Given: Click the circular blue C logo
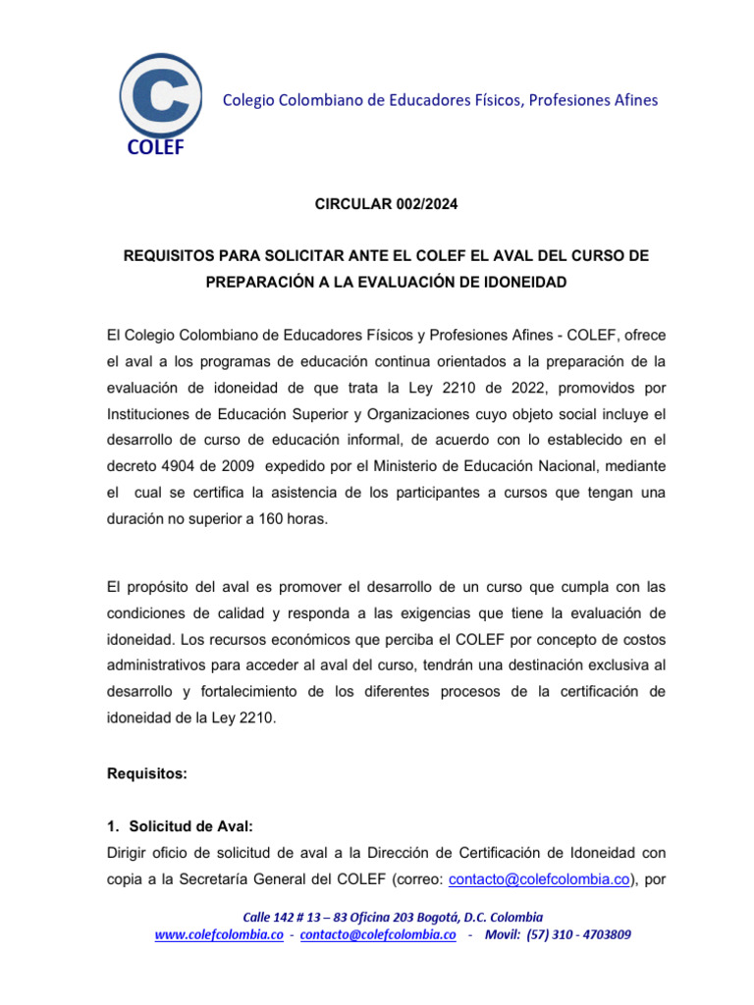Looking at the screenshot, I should tap(160, 95).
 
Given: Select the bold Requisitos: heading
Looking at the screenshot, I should tap(146, 773).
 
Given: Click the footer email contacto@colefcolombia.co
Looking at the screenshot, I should tap(378, 935).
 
